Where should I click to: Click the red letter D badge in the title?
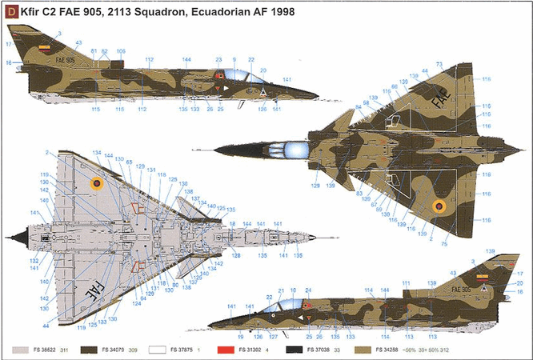click(10, 12)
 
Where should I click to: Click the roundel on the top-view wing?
click(439, 208)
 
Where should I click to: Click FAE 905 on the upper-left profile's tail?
click(66, 61)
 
